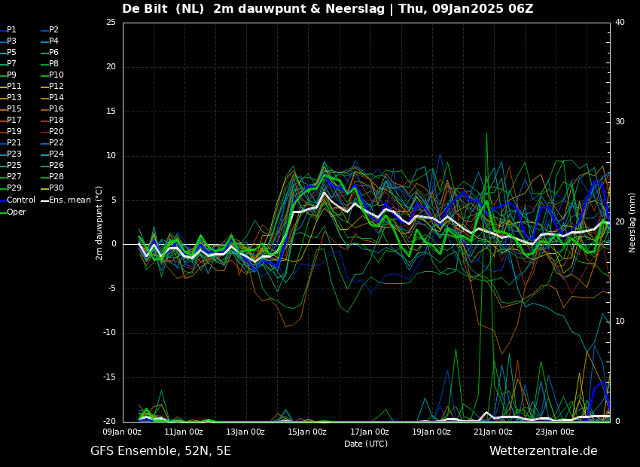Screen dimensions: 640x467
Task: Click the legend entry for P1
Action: [x=8, y=30]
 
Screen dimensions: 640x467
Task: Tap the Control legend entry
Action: [x=17, y=200]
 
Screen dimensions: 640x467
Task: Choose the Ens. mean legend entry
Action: [x=66, y=200]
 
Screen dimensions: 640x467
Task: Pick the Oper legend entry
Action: [x=13, y=212]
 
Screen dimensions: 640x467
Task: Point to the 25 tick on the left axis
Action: [x=111, y=22]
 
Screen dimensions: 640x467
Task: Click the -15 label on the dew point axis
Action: [x=109, y=377]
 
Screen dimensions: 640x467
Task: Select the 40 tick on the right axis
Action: [x=620, y=22]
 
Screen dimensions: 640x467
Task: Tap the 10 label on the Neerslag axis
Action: [x=620, y=322]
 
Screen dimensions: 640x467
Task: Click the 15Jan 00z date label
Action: [x=307, y=432]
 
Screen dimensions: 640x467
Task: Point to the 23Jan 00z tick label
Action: [x=555, y=432]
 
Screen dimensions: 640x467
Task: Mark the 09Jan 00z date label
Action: [x=122, y=432]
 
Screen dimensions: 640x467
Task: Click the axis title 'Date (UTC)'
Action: [x=366, y=444]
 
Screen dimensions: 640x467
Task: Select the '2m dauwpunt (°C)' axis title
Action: [x=99, y=223]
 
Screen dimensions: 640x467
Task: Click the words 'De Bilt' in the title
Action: [x=142, y=8]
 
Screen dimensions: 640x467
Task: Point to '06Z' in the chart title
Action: [x=521, y=8]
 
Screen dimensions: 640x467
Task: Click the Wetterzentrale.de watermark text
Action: [x=544, y=451]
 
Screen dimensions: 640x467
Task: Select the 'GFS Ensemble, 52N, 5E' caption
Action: [x=161, y=451]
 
